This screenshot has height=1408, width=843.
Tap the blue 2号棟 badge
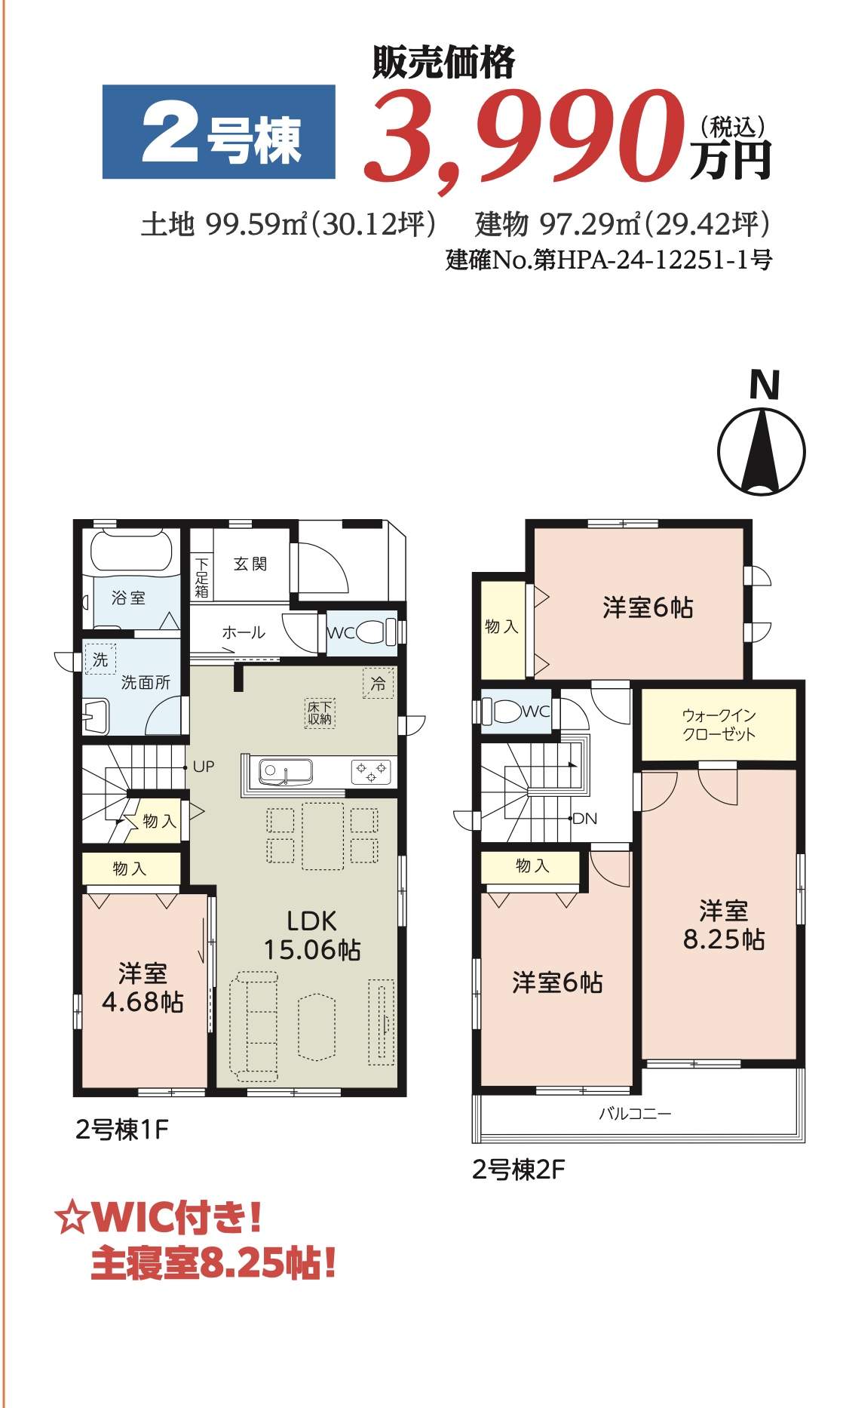pos(219,132)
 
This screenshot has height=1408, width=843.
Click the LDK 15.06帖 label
pos(312,935)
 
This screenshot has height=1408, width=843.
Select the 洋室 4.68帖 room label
pos(143,988)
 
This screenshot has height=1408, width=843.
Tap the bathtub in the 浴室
pos(136,552)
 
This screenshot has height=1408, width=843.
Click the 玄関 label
pos(250,564)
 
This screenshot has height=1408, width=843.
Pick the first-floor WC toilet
pos(376,632)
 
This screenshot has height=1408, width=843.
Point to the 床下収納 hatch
pos(320,712)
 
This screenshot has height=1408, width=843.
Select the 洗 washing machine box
pos(101,659)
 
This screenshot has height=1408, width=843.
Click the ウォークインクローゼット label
pos(719,724)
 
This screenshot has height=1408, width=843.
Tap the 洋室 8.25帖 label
pos(723,925)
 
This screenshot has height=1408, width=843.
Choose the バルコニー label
pos(635,1113)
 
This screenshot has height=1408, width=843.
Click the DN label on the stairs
pos(585,818)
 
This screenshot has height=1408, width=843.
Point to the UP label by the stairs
pos(204,767)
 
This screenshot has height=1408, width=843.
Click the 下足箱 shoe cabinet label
pos(201,577)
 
